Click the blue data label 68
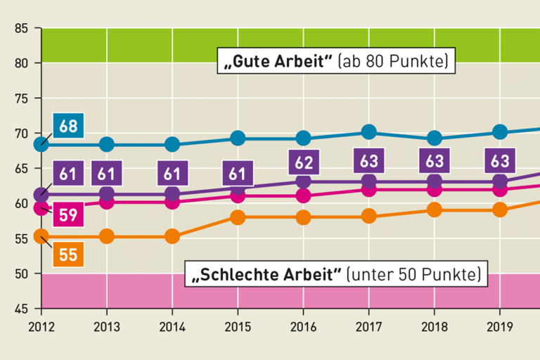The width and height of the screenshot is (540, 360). pos(69,127)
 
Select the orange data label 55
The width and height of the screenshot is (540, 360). pos(67,255)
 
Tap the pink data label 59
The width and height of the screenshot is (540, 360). pos(68,214)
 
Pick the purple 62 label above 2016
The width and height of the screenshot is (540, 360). pos(303,162)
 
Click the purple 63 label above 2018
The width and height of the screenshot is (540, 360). pos(435,161)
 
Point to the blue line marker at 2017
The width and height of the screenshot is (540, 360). pos(368,131)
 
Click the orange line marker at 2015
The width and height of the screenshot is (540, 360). pos(238,217)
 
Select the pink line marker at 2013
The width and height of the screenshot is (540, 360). pos(107,202)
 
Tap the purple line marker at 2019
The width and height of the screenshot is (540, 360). pos(500,181)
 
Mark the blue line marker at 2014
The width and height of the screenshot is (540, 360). pos(172,145)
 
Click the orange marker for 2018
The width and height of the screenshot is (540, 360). pos(435,210)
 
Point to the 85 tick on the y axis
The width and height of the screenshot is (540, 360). pos(21,29)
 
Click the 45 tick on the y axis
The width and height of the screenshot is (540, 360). pos(21,309)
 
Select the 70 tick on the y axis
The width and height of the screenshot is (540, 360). pos(21,134)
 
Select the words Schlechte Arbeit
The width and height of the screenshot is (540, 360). pos(270,274)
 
